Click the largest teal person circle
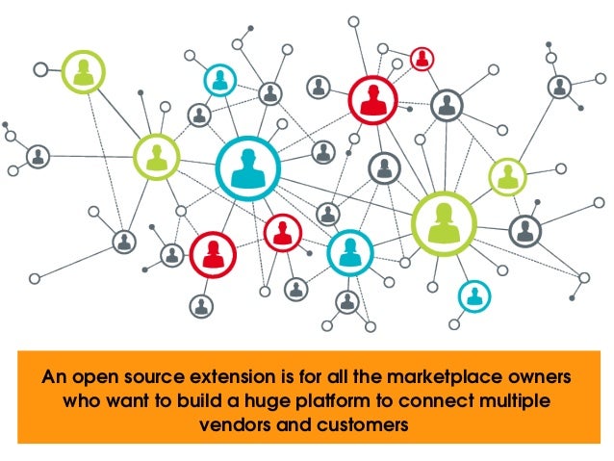pos(247,168)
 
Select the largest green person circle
pos(445,222)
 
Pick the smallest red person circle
pos(422,59)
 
